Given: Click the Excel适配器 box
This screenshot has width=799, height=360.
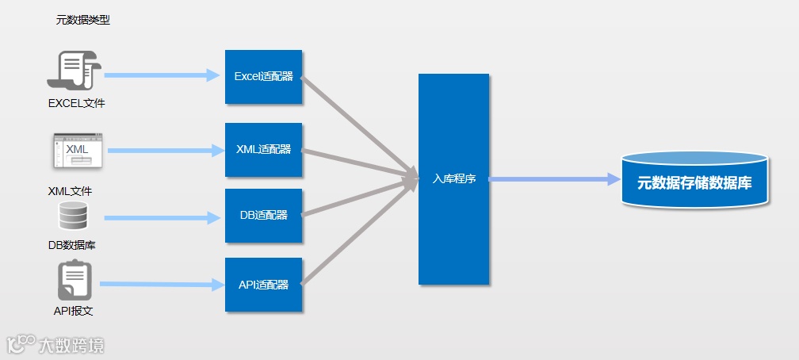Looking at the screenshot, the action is click(263, 77).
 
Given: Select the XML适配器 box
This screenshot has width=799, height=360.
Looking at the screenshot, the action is click(263, 150).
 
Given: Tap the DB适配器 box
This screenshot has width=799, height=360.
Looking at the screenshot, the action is click(263, 216).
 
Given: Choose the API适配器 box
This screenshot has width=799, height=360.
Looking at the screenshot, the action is click(263, 285).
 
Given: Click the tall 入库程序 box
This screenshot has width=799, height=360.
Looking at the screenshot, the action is click(453, 178).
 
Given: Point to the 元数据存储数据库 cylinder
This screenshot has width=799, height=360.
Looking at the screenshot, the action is click(694, 180).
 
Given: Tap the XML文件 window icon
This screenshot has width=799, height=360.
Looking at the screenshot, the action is click(78, 151).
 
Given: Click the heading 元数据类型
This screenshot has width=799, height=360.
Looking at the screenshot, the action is click(82, 21).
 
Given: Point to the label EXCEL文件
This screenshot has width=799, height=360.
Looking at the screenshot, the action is click(76, 103).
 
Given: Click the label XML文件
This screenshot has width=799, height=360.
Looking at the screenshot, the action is click(71, 191).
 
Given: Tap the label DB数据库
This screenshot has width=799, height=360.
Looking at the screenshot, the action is click(72, 245).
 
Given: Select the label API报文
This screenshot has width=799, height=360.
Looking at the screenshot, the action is click(74, 311).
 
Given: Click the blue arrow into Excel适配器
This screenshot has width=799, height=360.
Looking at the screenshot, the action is click(162, 76).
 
